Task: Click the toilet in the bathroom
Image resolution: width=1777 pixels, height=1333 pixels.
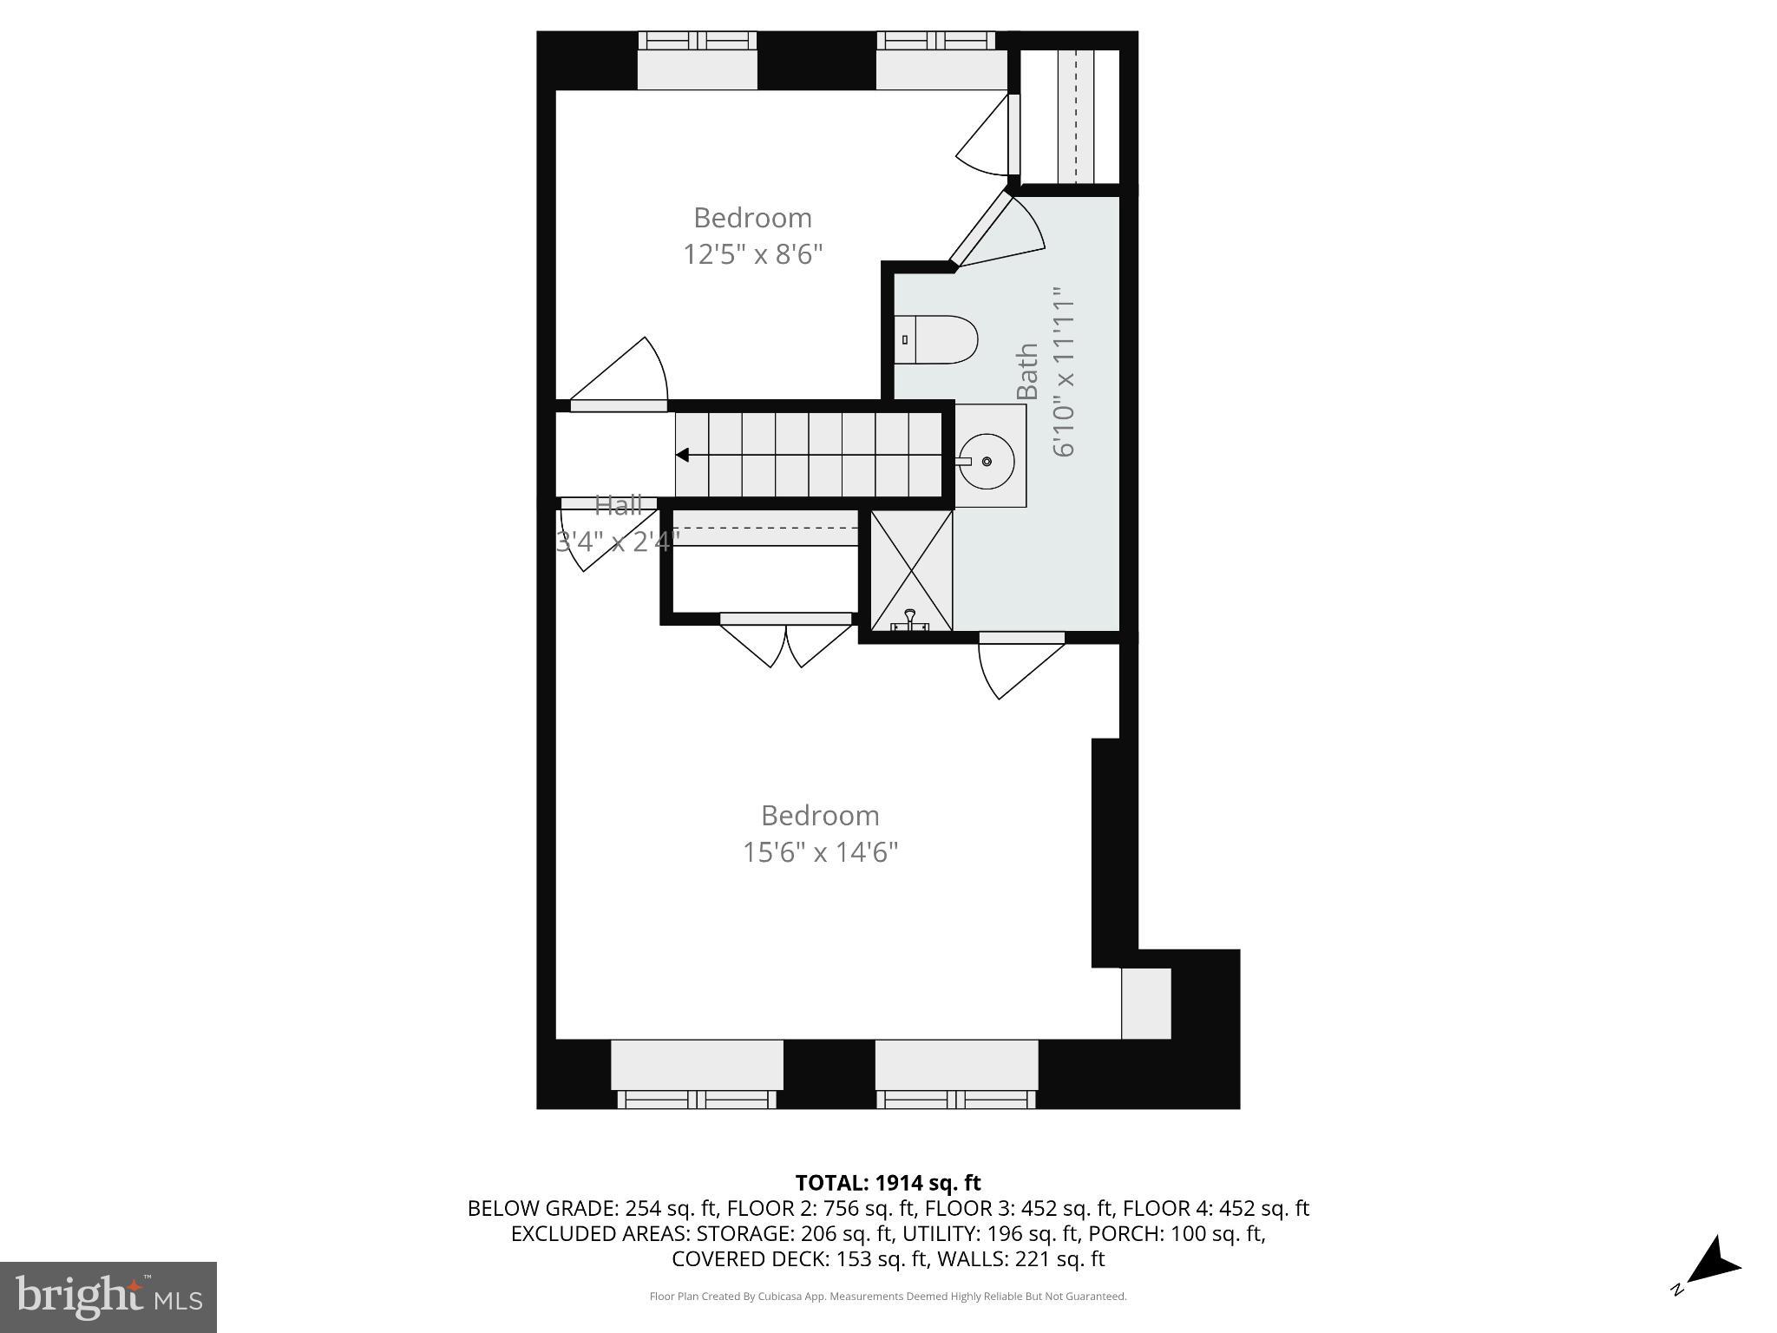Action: [937, 339]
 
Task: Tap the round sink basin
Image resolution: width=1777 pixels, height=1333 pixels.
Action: [987, 462]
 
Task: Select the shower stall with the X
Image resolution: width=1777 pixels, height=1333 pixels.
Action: [911, 570]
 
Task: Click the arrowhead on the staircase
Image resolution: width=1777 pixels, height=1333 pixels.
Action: [683, 455]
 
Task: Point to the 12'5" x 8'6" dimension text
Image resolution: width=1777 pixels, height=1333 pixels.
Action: [752, 254]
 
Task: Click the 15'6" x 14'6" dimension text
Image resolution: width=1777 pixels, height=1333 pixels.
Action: [820, 852]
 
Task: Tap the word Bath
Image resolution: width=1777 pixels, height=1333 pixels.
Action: [1027, 371]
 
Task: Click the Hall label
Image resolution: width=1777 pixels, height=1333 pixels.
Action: [618, 504]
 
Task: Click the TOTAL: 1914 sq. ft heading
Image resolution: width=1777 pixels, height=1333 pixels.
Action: [888, 1182]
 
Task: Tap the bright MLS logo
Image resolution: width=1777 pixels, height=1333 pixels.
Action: [108, 1297]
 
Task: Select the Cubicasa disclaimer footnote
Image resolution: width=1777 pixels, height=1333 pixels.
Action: [888, 1297]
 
